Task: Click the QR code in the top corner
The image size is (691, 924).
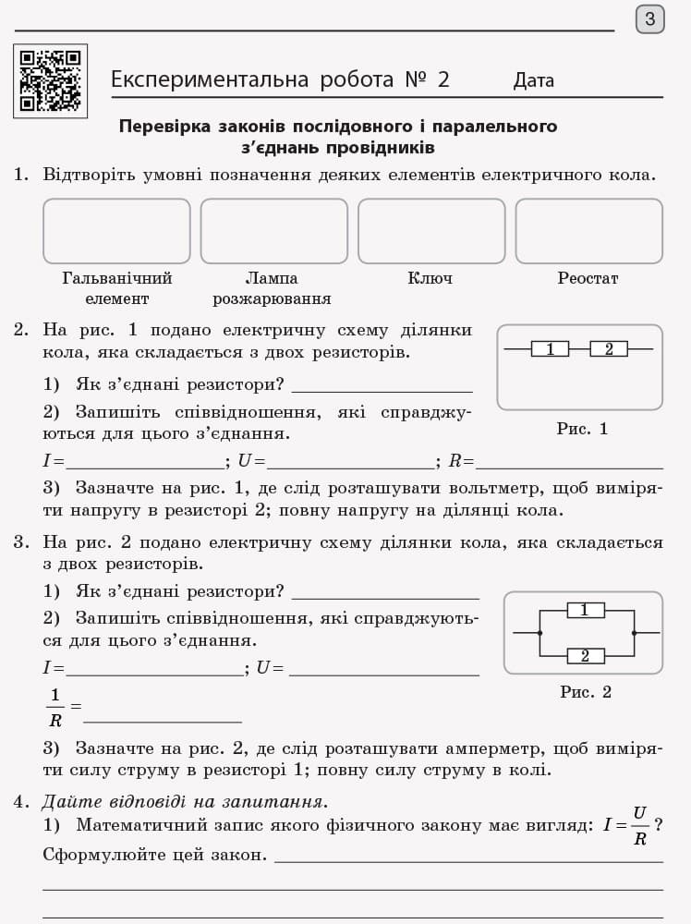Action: point(50,80)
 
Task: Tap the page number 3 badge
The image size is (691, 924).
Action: point(649,18)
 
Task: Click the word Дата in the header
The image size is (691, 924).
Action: point(534,80)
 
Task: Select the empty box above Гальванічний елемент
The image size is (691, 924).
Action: point(116,231)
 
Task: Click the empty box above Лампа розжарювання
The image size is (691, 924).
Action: point(273,231)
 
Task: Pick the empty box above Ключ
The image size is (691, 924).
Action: point(431,231)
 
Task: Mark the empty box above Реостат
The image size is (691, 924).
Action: point(588,231)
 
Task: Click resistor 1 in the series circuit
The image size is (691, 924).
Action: point(550,349)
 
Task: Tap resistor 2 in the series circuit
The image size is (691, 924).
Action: point(608,349)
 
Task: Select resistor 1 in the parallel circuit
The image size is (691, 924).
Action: point(585,610)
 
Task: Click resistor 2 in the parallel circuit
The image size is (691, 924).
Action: point(585,656)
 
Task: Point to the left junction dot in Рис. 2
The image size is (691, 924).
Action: point(539,633)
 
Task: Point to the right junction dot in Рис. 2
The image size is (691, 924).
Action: point(634,633)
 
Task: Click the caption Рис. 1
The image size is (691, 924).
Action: point(582,429)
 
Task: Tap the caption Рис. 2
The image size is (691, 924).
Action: point(586,692)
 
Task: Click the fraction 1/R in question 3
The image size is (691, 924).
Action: point(55,708)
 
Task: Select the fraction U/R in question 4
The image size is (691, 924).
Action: point(639,825)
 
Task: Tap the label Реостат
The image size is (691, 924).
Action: point(588,278)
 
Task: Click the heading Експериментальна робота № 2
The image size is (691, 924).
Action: point(280,79)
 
